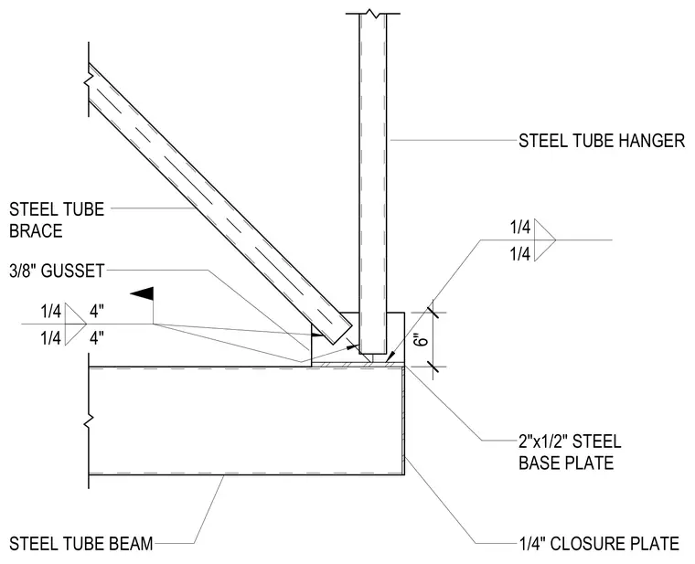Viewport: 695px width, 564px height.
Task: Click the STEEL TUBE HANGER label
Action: click(602, 141)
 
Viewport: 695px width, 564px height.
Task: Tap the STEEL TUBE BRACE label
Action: click(57, 219)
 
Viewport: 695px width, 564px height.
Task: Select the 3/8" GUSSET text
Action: click(57, 271)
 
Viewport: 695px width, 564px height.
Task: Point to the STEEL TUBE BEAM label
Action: click(81, 544)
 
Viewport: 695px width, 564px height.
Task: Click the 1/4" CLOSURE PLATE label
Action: click(599, 544)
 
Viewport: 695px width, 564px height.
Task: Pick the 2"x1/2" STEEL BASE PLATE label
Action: click(570, 452)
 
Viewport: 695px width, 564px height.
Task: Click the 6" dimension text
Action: click(423, 341)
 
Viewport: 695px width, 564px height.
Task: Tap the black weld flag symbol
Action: click(142, 293)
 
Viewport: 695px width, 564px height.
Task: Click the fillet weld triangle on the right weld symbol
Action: click(545, 239)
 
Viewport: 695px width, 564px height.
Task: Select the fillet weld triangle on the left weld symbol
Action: click(76, 324)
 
